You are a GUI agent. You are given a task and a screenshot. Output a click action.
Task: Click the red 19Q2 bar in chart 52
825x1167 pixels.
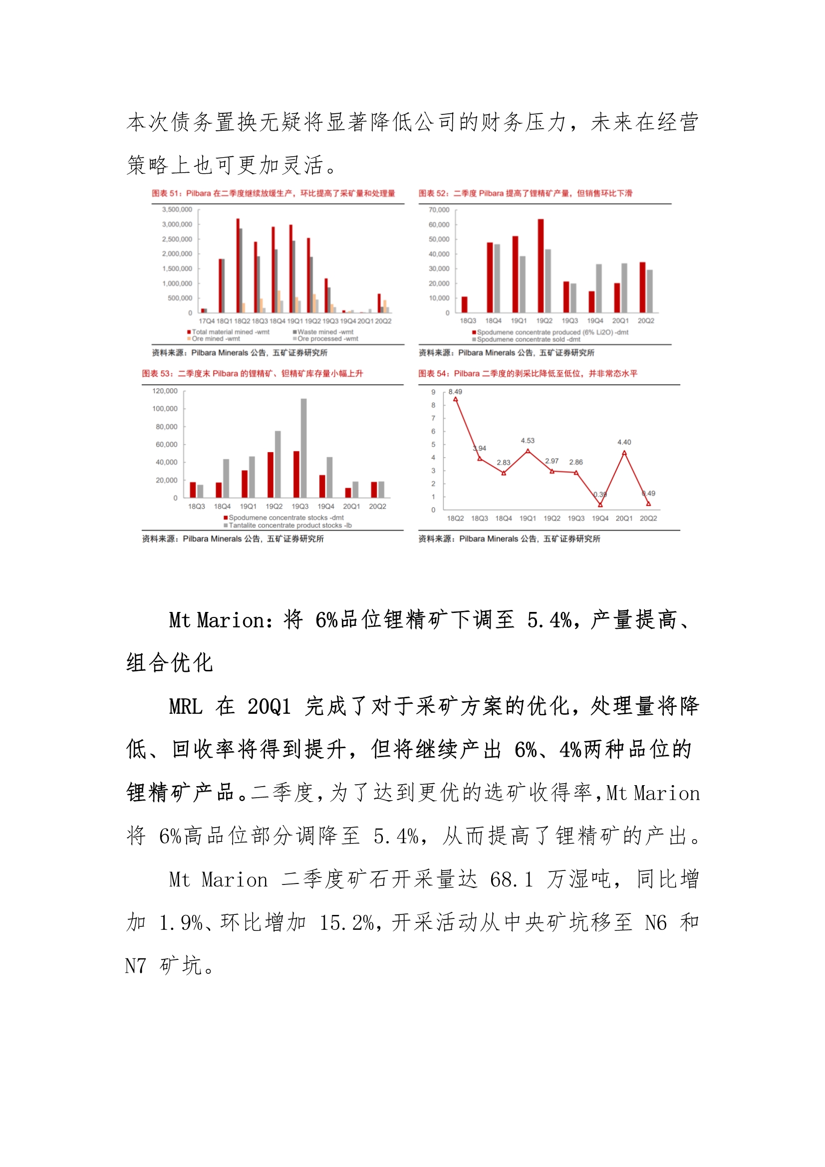pos(541,266)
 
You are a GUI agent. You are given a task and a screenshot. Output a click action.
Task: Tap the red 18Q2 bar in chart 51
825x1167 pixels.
pos(238,266)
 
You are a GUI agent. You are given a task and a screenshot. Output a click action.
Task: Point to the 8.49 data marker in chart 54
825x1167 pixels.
pos(456,399)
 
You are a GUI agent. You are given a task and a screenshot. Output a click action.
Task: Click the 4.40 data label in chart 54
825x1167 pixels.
pos(624,442)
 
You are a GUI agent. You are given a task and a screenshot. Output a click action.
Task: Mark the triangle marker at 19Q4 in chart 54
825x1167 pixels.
pos(600,505)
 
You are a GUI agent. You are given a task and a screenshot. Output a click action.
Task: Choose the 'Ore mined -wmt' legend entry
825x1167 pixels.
pos(216,339)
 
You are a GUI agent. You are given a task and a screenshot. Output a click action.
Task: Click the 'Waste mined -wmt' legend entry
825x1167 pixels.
pos(325,332)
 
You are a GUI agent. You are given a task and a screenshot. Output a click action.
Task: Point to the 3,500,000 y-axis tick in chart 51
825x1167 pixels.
pos(177,210)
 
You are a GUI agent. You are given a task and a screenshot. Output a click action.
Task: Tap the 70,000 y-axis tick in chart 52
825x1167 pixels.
pos(439,210)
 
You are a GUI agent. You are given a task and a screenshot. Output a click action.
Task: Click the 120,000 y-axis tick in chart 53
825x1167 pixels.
pos(165,391)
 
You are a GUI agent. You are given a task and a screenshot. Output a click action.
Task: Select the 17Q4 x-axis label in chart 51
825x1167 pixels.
pos(207,321)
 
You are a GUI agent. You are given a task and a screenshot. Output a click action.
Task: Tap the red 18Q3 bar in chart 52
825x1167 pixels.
pos(464,304)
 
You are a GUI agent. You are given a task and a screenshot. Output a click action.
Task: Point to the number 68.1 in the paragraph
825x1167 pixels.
pos(512,880)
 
